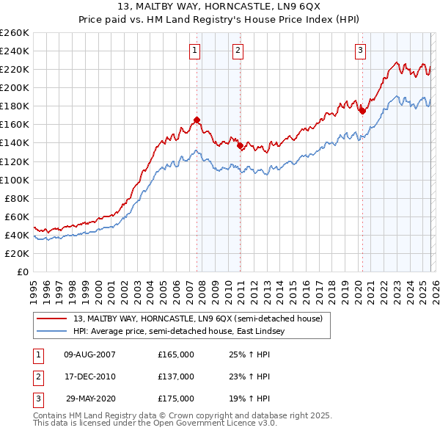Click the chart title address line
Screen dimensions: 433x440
(x=219, y=7)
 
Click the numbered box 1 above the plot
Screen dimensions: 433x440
(x=195, y=51)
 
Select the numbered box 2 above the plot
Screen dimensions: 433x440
(x=239, y=51)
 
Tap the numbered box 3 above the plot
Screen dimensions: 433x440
(x=361, y=51)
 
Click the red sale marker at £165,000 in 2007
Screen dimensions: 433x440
(x=197, y=120)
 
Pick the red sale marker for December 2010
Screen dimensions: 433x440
(x=241, y=145)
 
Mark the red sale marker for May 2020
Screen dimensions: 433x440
(x=362, y=111)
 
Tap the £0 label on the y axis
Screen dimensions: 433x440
(x=22, y=272)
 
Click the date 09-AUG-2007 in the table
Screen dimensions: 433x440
(x=89, y=354)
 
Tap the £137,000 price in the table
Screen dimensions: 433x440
(x=176, y=376)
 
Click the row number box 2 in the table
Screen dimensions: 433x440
(x=37, y=376)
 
